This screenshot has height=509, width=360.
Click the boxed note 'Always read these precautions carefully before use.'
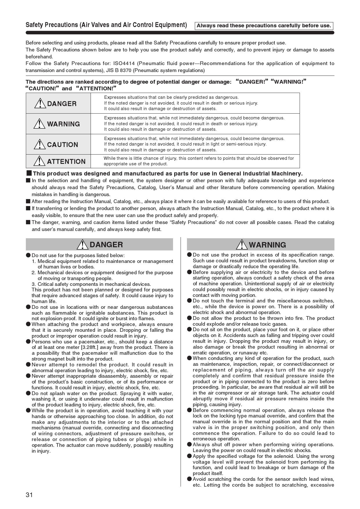click(x=264, y=26)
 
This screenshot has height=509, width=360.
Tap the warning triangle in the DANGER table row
click(x=40, y=103)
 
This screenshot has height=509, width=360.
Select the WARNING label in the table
click(x=63, y=124)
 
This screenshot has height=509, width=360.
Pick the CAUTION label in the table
click(x=62, y=145)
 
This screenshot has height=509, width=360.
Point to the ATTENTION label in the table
click(x=66, y=162)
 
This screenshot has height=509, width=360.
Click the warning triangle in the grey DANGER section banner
click(x=83, y=245)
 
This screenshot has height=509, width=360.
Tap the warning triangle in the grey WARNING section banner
click(x=242, y=245)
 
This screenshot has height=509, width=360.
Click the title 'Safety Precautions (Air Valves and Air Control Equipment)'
click(x=106, y=25)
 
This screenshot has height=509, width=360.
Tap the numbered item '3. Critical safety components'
click(x=91, y=284)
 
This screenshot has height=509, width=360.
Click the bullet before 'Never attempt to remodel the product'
click(x=28, y=364)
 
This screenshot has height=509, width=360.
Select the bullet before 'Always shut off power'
click(x=189, y=445)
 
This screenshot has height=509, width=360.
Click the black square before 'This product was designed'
click(x=29, y=173)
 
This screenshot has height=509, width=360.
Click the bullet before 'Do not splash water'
click(x=28, y=393)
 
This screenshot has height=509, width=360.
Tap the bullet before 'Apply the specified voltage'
click(x=189, y=456)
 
